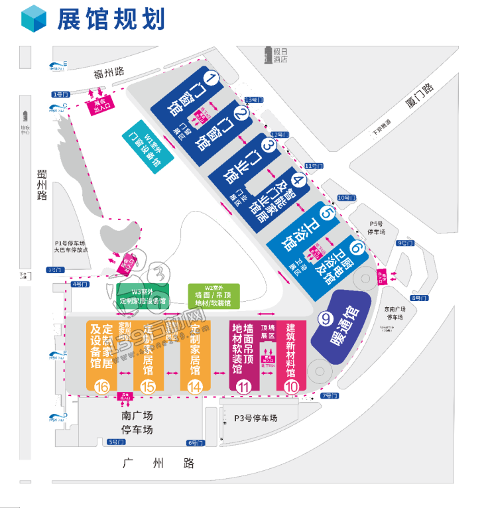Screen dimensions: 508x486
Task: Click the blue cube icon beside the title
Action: coord(34,19)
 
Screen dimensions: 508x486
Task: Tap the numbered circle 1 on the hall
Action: coord(212,80)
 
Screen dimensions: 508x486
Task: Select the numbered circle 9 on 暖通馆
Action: coord(325,319)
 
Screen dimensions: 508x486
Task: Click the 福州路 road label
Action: coord(109,73)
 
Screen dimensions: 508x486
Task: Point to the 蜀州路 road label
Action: coord(42,185)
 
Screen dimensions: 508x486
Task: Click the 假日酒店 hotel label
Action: coord(280,54)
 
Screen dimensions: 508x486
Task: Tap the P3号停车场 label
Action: coord(255,418)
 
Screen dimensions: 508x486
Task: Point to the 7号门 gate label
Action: coord(330,396)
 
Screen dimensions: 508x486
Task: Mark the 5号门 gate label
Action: coord(116,442)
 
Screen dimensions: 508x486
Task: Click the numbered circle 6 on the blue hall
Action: coord(357,249)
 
